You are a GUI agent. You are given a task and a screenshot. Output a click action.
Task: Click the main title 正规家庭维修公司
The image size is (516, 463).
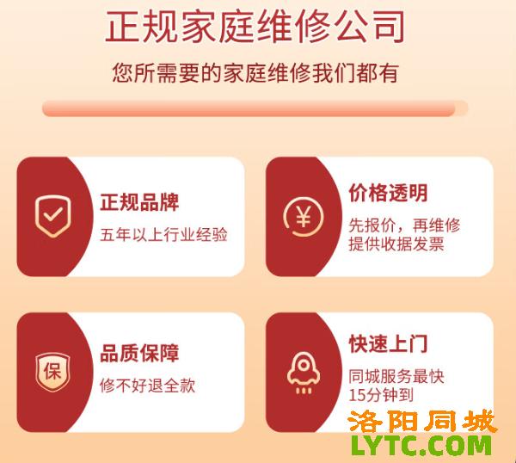pos(255,28)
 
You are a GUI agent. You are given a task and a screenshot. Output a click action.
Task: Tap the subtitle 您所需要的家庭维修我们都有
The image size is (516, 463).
pos(255,73)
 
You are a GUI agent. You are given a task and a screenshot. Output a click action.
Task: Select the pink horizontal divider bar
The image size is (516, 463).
pos(255,108)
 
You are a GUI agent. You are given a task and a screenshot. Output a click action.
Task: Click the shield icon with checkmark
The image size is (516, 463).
pos(53,216)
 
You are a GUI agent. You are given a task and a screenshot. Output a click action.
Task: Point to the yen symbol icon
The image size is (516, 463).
pos(304,217)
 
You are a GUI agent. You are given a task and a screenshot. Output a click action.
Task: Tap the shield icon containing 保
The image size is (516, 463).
pos(53,372)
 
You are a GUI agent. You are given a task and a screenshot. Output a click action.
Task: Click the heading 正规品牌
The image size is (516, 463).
pos(139,202)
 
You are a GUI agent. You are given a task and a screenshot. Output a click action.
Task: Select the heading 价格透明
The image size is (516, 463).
pos(389,193)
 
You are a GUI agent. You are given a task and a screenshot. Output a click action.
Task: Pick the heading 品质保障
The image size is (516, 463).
pos(139,353)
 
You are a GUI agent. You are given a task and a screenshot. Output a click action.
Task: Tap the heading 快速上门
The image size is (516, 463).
pos(389,344)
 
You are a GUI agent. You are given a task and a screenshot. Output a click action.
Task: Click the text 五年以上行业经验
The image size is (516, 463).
pos(164,235)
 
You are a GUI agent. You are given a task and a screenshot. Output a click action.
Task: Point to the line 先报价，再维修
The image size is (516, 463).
pos(404,225)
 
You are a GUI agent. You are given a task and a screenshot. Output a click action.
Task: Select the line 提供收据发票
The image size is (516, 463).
pos(396,244)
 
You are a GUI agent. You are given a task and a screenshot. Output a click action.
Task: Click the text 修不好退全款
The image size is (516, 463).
pos(148,386)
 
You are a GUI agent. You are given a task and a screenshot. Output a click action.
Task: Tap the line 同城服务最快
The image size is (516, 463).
pos(396,377)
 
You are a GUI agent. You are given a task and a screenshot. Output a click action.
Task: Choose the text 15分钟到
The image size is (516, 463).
pos(381,395)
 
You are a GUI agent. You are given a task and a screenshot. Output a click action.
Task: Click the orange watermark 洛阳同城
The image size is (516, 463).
pos(422,422)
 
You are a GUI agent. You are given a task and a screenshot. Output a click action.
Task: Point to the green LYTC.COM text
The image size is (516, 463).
pos(421,445)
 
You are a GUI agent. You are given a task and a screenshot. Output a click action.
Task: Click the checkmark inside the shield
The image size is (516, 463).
pos(53,214)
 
